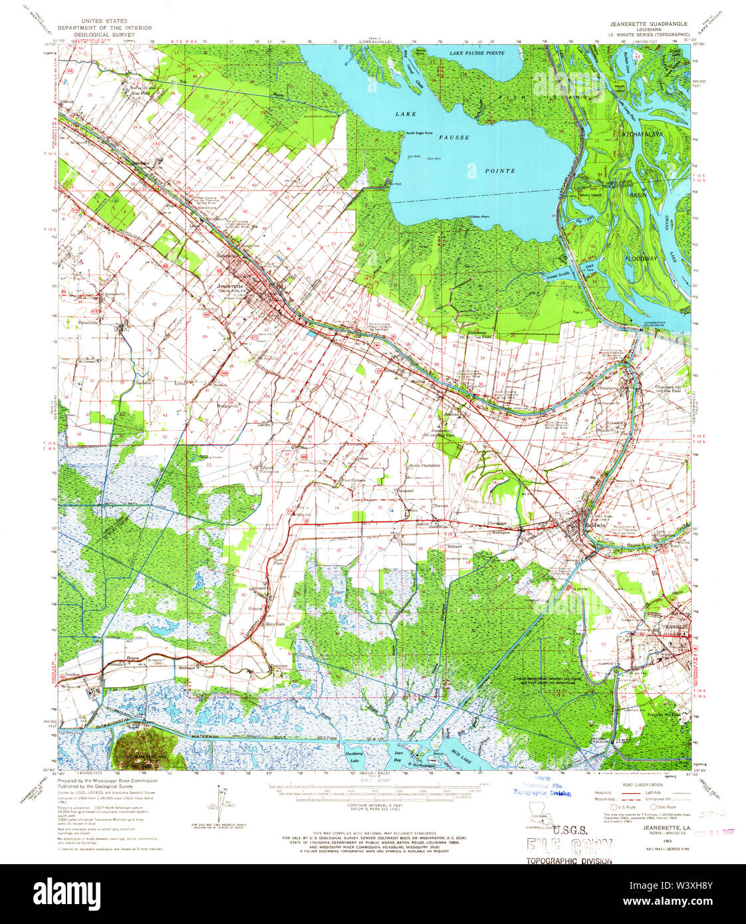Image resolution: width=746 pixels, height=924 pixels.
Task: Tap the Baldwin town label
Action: pos(595,524)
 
